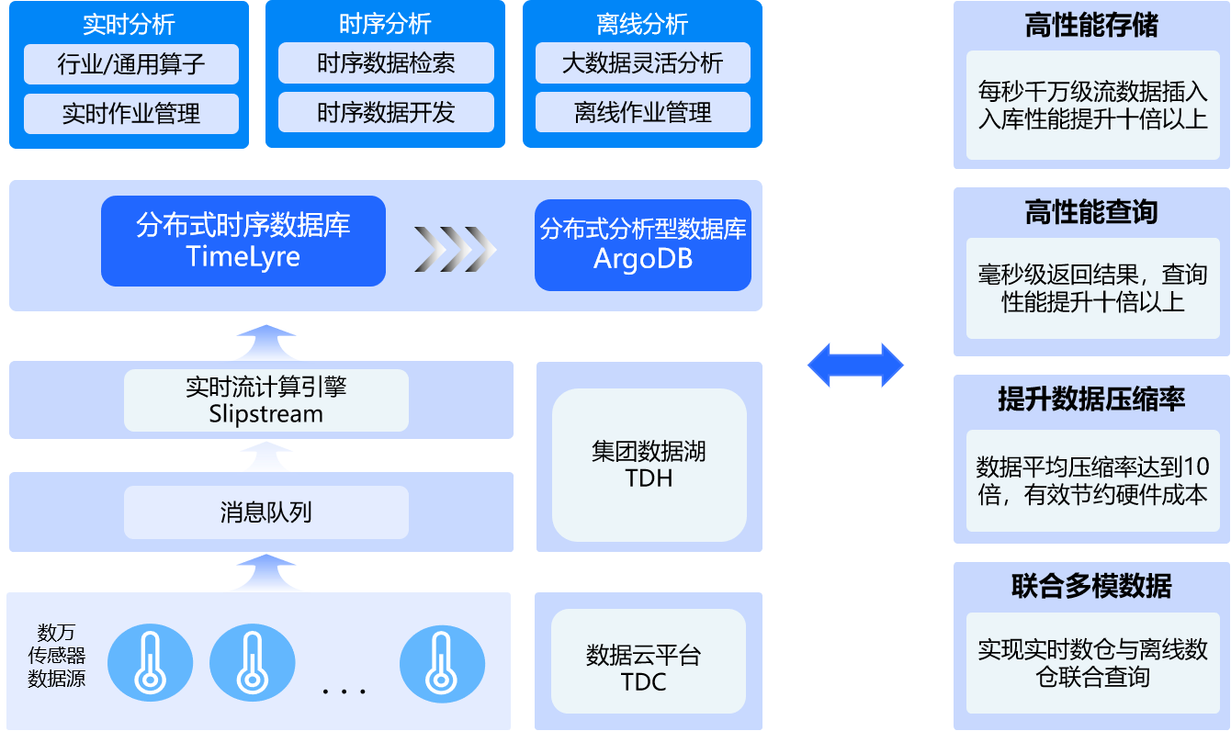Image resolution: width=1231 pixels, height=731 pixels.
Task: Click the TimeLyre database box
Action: pos(243,242)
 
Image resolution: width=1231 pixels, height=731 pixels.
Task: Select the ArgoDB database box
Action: pos(642,245)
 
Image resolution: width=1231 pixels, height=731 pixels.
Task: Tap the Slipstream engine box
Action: pos(266,399)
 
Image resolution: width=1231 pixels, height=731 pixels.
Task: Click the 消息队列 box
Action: pos(266,512)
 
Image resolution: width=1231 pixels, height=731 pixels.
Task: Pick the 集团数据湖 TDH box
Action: pos(649,465)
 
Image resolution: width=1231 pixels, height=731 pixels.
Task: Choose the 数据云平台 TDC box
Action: pos(649,661)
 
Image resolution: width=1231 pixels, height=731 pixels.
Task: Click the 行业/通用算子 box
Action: pos(131,64)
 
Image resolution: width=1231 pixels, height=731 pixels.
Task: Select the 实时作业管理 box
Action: pos(131,114)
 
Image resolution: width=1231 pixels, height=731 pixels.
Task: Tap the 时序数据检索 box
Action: pos(386,62)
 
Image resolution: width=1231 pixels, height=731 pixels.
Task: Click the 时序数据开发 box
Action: pos(386,112)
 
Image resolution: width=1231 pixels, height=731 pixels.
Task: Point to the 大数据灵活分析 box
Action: pos(642,62)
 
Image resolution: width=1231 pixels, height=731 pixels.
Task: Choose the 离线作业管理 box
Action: pos(642,112)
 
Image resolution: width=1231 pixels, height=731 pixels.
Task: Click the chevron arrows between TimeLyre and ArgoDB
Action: pos(455,250)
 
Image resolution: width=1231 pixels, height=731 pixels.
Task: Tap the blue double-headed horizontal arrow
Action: pos(855,365)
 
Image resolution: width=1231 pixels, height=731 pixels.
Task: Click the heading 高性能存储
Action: pos(1091,26)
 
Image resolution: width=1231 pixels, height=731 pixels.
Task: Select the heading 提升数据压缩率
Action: pos(1091,399)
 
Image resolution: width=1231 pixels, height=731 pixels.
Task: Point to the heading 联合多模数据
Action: pos(1091,586)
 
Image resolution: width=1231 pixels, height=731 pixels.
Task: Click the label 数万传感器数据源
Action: pos(57,656)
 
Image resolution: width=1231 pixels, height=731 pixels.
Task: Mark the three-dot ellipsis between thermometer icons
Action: pos(344,692)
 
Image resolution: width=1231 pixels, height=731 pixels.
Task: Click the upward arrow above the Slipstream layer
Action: pos(266,343)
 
